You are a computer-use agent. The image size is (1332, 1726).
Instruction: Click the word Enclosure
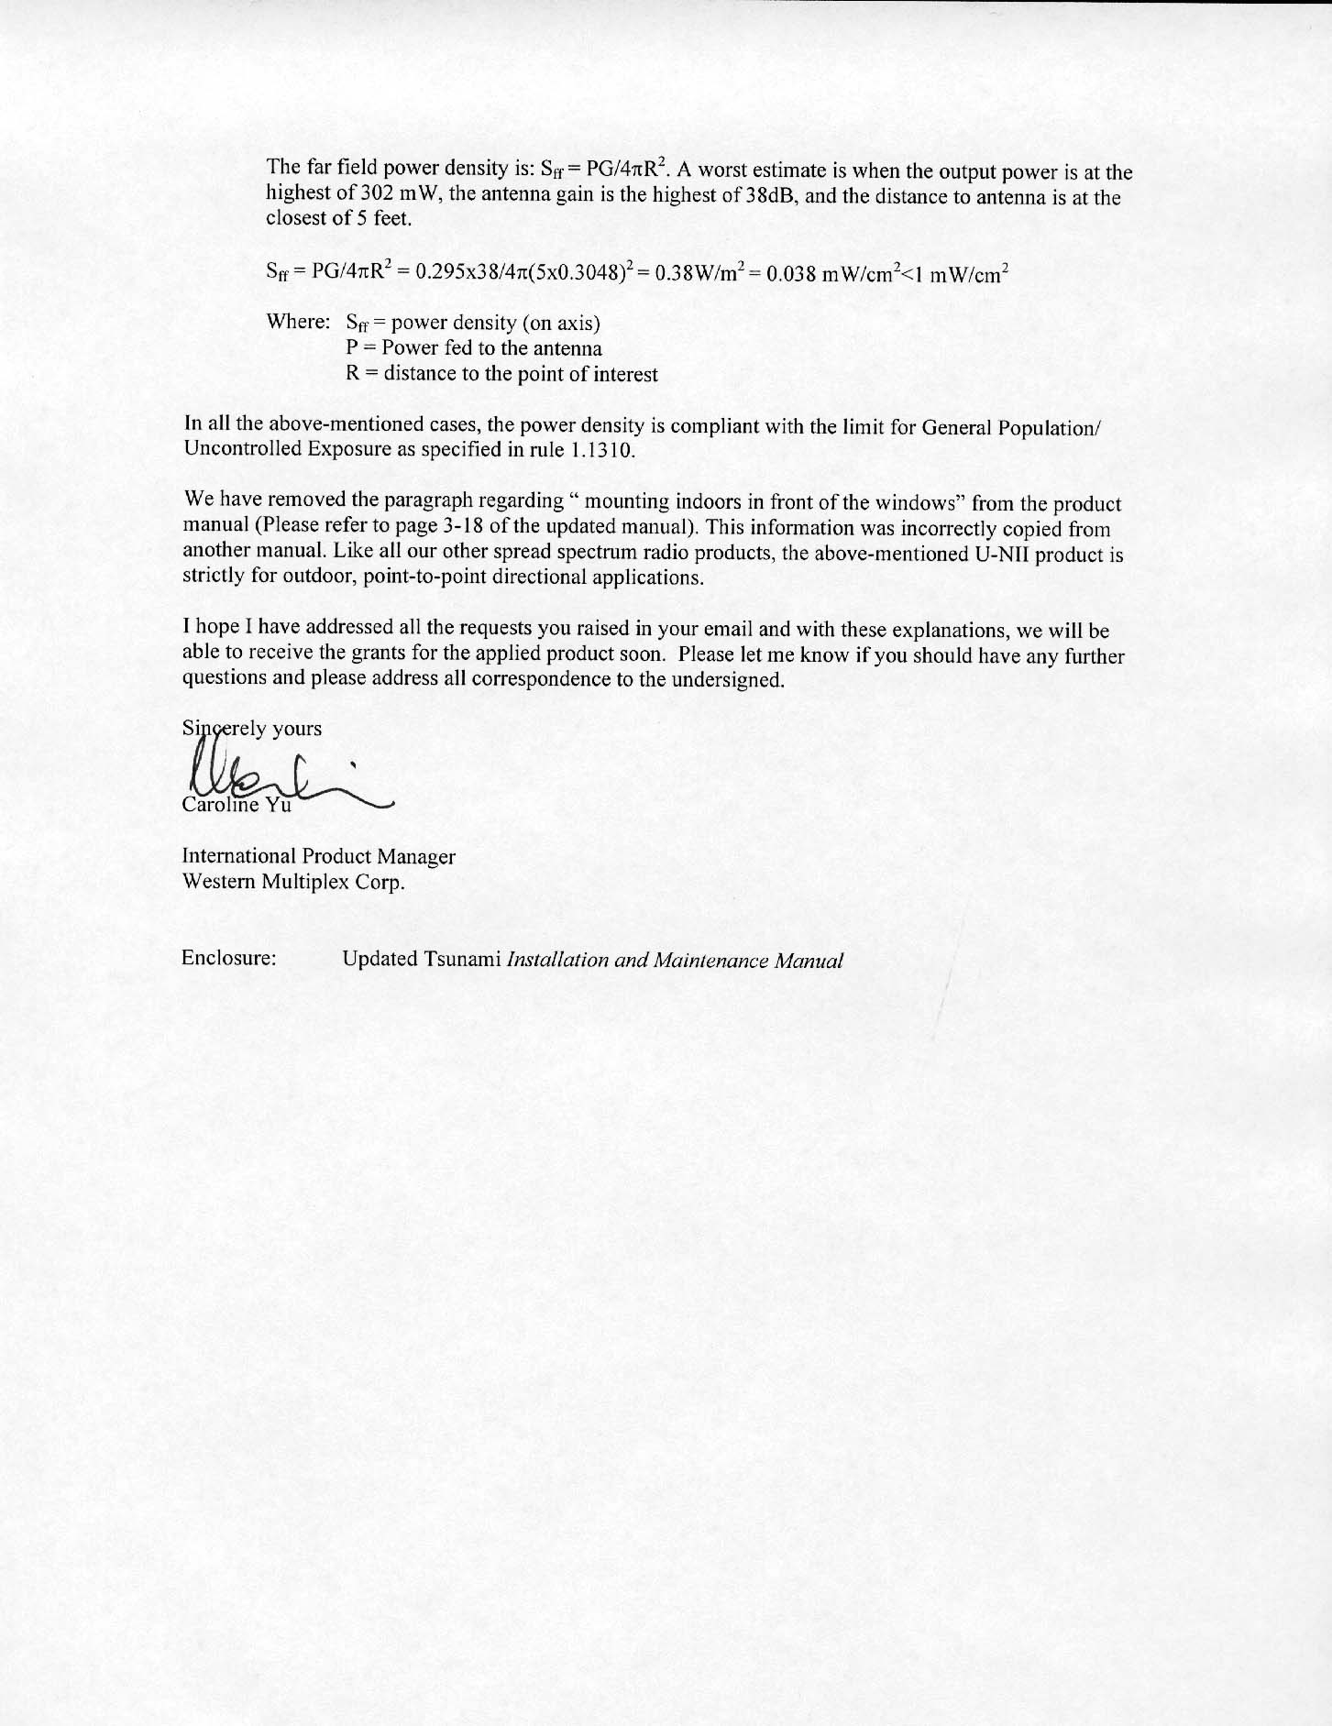(x=229, y=959)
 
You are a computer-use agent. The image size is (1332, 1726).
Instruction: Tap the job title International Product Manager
(x=318, y=856)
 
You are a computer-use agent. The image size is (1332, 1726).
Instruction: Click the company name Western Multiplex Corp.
(x=293, y=882)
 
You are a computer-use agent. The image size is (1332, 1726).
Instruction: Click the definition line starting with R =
(x=501, y=374)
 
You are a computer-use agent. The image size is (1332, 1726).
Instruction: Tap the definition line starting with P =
(x=474, y=348)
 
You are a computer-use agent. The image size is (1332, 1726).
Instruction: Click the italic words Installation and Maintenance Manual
(x=675, y=960)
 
